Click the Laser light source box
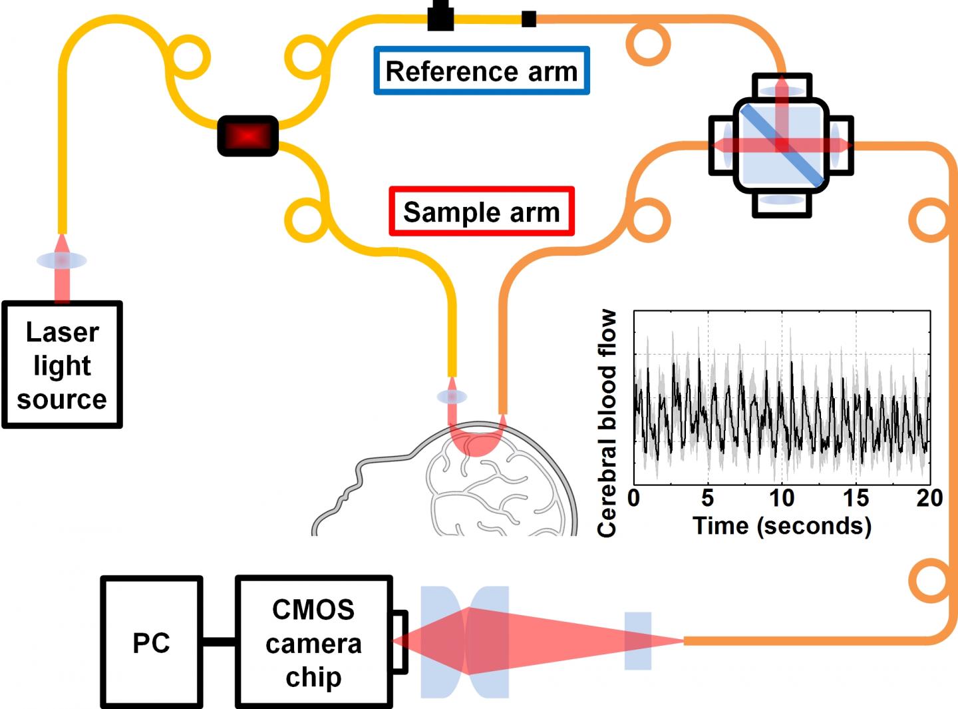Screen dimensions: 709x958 [x=62, y=365]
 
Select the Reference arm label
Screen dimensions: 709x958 [x=481, y=71]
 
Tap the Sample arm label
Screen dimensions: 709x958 [x=481, y=212]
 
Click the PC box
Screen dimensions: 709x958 [x=151, y=642]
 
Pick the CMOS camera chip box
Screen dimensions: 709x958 [x=313, y=642]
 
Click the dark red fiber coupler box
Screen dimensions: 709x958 [x=248, y=136]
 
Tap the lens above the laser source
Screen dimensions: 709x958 [x=61, y=260]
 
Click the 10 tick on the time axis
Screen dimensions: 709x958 [x=782, y=497]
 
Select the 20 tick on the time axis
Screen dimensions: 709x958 [x=929, y=497]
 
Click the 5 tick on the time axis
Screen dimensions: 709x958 [x=707, y=497]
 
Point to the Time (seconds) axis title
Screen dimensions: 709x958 [x=782, y=526]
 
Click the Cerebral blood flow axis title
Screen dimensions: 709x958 [x=607, y=423]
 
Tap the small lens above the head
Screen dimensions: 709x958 [x=452, y=397]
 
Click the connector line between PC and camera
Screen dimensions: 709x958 [x=219, y=642]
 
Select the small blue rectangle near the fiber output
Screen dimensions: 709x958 [x=637, y=640]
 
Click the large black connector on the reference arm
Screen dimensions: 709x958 [x=440, y=16]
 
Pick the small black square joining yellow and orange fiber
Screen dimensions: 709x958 [x=529, y=19]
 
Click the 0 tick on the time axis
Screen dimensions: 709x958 [x=634, y=497]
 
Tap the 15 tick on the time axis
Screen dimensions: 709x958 [x=856, y=497]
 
